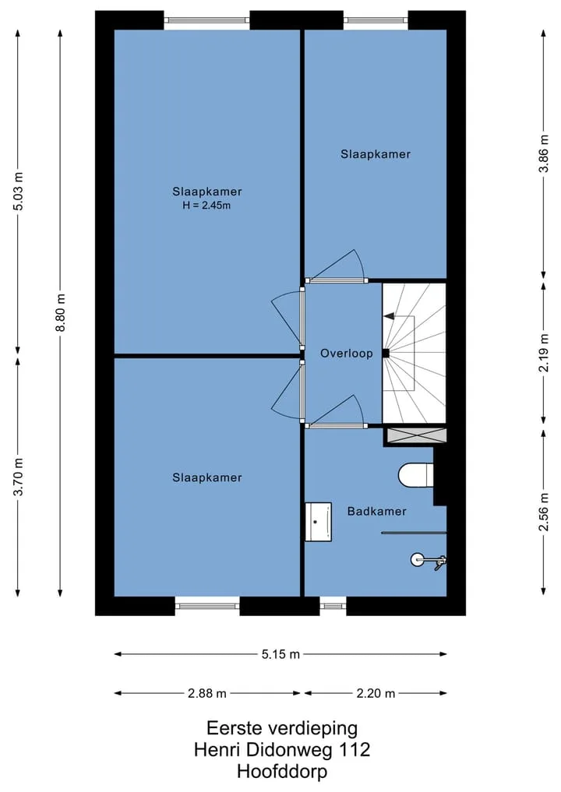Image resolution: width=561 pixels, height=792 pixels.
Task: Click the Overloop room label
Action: coord(346,354)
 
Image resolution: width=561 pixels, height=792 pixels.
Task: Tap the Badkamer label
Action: coord(376,511)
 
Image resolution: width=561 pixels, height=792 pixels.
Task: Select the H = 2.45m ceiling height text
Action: coord(206,206)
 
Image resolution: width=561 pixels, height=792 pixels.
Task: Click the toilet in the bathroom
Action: coord(415,475)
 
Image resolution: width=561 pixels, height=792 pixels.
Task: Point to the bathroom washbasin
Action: coord(319,522)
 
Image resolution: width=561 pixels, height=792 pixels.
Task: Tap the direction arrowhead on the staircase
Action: coord(389,316)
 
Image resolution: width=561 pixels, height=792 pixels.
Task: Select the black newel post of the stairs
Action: coord(386,354)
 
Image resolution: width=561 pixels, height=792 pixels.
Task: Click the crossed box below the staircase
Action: coord(416,435)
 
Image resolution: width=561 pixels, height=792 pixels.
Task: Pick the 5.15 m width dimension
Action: coord(280,654)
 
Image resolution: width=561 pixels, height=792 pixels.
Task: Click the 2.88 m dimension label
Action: coord(207,694)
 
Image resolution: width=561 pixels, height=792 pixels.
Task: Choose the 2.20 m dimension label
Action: coord(376,694)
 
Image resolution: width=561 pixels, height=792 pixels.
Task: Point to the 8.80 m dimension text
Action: coord(60,312)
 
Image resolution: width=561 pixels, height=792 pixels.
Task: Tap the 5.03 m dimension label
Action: coord(18,191)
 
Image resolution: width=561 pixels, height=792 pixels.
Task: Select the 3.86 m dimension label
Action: coord(544,153)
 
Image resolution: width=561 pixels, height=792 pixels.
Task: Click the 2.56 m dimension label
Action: coord(544,512)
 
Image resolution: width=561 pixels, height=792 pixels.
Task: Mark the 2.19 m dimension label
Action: coord(544,353)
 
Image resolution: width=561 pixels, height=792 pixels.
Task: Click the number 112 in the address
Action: coord(355,750)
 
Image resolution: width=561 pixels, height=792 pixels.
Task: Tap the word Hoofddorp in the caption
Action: coord(282,772)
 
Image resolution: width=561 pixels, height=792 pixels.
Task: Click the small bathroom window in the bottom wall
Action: coord(333,605)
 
